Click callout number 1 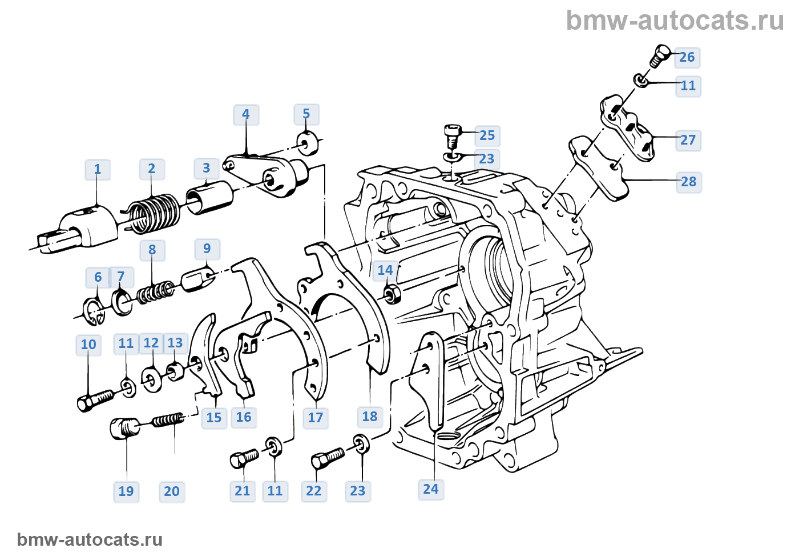[98, 170]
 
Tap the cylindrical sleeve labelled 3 [209, 197]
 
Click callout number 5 [306, 114]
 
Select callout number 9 [207, 249]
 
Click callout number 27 [688, 140]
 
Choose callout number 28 [689, 182]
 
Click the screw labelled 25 [451, 135]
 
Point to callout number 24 [431, 489]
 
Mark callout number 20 [172, 491]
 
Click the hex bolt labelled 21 [244, 458]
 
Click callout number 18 [370, 417]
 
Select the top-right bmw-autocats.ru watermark [675, 21]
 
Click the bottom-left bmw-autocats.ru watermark [90, 539]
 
